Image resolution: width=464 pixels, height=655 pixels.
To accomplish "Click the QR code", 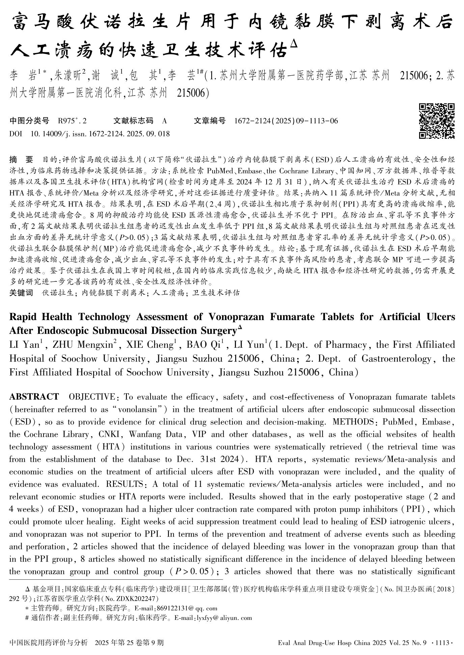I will tap(437, 121).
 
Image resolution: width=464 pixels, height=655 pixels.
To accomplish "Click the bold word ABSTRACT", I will tap(34, 396).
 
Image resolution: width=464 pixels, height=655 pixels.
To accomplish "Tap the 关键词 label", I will tap(21, 293).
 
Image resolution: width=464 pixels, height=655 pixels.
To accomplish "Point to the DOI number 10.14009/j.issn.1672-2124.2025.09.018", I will tap(100, 134).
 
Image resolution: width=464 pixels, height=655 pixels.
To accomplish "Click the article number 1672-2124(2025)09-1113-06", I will tap(286, 121).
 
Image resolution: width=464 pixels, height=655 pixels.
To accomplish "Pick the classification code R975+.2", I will tap(72, 121).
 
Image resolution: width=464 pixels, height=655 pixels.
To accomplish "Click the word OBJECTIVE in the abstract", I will tap(91, 396).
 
